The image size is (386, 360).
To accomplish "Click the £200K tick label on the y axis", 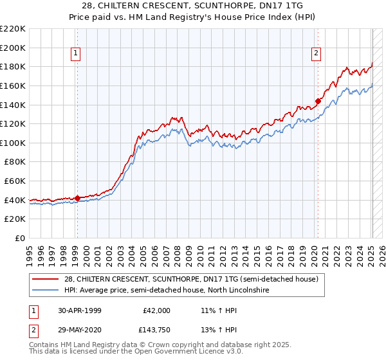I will point(13,48).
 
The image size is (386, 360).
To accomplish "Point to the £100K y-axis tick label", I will point(13,143).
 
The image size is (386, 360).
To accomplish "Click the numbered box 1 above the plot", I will point(76,54).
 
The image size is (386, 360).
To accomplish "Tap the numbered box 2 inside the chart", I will point(317,54).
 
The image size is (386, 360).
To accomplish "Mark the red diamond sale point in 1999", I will point(77,198).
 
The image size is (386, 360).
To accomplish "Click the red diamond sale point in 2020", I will point(318,101).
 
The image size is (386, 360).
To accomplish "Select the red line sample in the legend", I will point(46,279).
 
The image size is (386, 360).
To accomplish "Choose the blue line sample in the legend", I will point(46,291).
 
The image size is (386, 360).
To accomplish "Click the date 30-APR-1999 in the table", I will point(80,310).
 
